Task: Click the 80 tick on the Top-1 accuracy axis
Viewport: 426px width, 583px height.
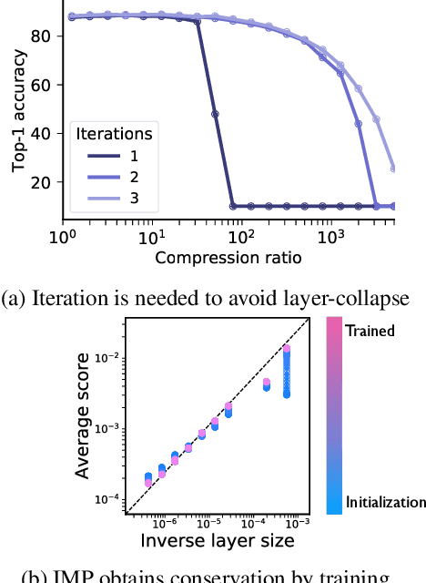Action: [45, 36]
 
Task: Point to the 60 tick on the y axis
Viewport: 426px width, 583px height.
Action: [45, 85]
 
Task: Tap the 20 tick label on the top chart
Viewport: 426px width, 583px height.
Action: [45, 183]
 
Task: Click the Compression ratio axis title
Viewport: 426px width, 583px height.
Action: [228, 257]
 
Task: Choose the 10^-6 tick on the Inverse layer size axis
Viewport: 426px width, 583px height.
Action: [165, 523]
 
